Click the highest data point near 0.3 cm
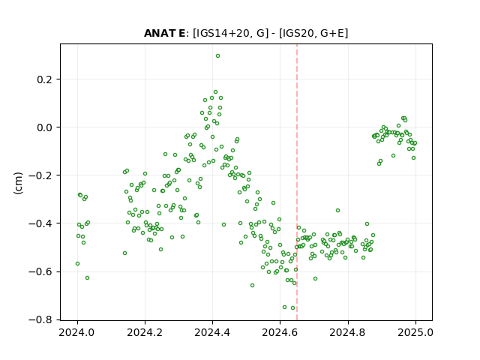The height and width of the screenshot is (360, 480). pos(218,56)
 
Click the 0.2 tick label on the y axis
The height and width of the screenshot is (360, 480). pos(45,79)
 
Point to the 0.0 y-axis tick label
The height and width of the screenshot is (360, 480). pos(45,127)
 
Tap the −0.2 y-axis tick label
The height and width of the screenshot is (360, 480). pos(40,175)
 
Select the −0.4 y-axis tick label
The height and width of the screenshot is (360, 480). pos(40,223)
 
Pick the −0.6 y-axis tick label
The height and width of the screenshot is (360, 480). pos(40,271)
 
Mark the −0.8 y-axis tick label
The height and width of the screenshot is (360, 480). pos(40,320)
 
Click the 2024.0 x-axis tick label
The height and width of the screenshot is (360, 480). pos(77,332)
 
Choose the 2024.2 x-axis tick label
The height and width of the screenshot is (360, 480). pos(145,332)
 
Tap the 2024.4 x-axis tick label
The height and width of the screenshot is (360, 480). pos(212,332)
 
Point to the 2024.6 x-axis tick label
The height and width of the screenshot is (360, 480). pos(280,332)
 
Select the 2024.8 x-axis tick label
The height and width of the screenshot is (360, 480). pos(348,332)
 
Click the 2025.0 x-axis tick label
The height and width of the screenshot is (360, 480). pos(415,332)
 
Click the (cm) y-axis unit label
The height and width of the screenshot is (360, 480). pos(18,183)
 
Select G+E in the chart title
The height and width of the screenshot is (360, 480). pos(331,33)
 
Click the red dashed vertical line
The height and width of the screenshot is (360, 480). pos(297,182)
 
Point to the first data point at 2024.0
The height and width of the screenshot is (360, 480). pos(78,263)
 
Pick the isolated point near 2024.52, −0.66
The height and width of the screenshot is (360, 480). pos(253,285)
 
